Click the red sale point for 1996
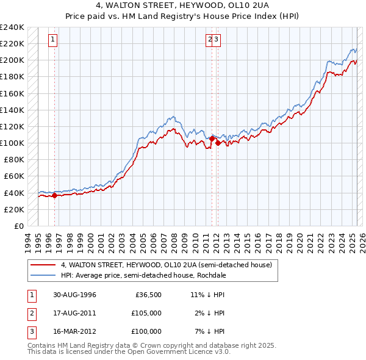(54, 195)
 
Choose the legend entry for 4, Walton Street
(170, 265)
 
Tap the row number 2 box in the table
(32, 313)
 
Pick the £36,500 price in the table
(148, 295)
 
